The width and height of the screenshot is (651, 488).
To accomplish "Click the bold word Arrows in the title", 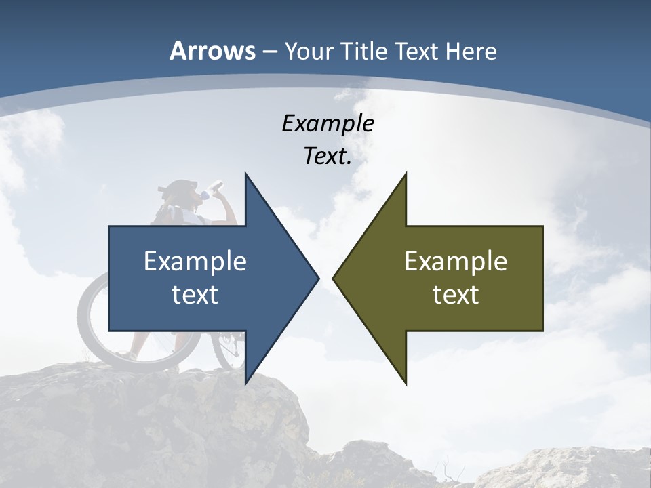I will click(212, 51).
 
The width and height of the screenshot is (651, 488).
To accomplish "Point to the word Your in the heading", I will click(309, 51).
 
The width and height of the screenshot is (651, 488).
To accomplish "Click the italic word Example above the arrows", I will click(328, 123).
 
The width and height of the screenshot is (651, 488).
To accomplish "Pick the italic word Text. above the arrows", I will click(328, 157).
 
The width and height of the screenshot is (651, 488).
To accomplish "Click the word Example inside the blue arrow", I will click(195, 261).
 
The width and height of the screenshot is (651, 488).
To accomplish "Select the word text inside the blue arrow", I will click(195, 295).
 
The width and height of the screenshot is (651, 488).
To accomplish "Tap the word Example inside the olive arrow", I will click(456, 261).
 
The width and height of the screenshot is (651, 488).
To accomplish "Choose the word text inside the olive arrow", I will click(456, 295).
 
